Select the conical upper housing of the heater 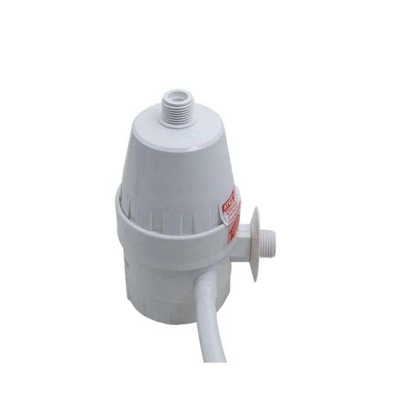point(166,166)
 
